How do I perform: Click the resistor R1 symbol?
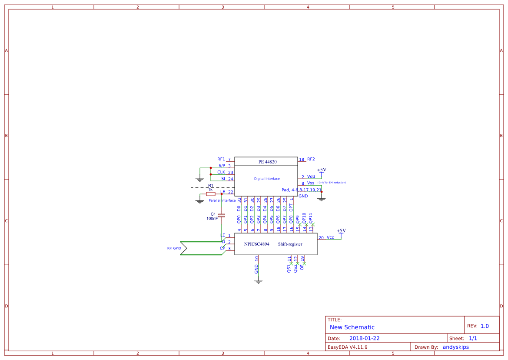(x=211, y=194)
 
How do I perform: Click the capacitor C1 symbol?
(x=222, y=215)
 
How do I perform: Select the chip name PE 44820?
(x=267, y=162)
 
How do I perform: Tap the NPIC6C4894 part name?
(x=257, y=244)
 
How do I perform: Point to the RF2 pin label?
(x=311, y=159)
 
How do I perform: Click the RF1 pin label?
(x=221, y=159)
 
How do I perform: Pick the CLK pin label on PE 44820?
(x=221, y=172)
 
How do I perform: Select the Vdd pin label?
(x=311, y=177)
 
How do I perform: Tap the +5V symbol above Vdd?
(x=322, y=170)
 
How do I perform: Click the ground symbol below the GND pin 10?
(x=259, y=282)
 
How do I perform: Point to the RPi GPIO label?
(x=174, y=248)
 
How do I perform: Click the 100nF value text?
(x=212, y=219)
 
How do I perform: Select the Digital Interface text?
(x=267, y=179)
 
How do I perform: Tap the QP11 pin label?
(x=310, y=217)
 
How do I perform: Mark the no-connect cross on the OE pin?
(x=304, y=264)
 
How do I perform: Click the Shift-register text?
(x=290, y=244)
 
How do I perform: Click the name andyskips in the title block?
(x=455, y=347)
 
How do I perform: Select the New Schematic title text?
(x=352, y=327)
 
